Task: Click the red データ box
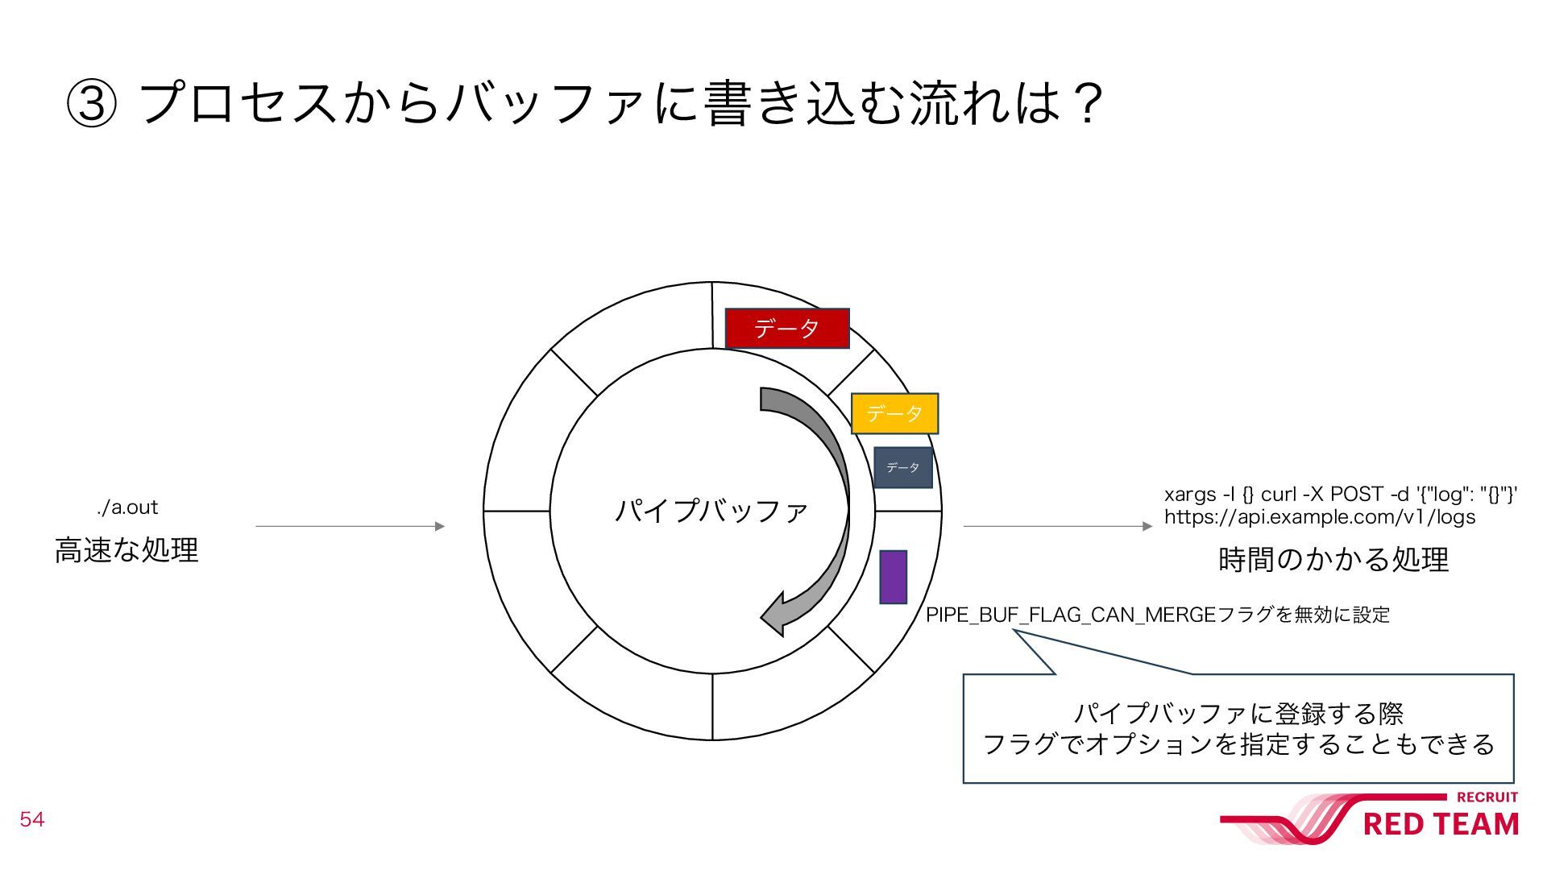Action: pos(787,328)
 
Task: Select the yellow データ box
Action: pos(894,413)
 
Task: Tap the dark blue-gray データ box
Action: pos(903,467)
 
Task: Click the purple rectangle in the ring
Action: pos(893,577)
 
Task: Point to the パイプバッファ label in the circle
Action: pos(711,511)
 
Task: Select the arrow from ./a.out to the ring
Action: pos(350,526)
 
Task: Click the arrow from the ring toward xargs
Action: pos(1057,526)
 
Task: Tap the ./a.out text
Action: pos(127,507)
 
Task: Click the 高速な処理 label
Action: pos(126,550)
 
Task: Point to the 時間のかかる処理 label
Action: pos(1333,559)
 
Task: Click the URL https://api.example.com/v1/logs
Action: pos(1320,517)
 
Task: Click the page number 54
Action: pos(32,819)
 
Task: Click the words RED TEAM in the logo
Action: pos(1440,825)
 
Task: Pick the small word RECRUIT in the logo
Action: pos(1487,797)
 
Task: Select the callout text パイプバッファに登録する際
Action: pos(1238,713)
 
